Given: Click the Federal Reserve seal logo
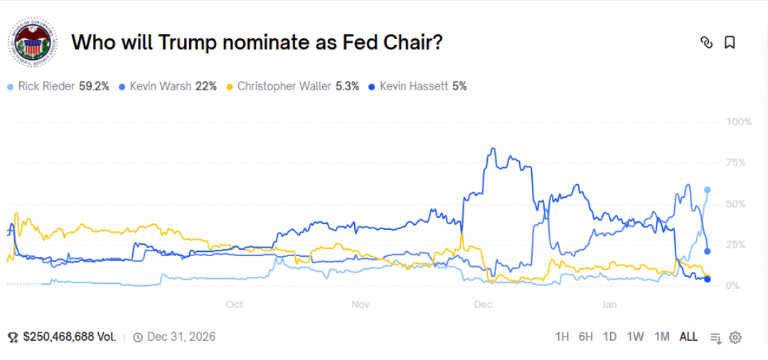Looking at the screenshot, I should click(31, 43).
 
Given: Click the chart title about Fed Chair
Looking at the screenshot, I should click(257, 42).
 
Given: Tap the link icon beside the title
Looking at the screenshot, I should click(706, 43).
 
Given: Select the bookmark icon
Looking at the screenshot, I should click(730, 43).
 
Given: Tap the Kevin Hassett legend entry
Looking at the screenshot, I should click(418, 86).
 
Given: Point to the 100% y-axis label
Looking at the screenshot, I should click(738, 122).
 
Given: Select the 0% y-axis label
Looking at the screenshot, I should click(732, 285).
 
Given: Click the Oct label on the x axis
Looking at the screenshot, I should click(234, 305).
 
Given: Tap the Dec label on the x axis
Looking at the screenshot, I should click(483, 305).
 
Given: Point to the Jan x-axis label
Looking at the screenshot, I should click(609, 305).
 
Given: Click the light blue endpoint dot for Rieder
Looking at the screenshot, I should click(708, 190).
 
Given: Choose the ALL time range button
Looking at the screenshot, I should click(688, 337).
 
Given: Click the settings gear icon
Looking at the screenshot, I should click(735, 337).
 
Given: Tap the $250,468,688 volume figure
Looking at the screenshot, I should click(69, 337).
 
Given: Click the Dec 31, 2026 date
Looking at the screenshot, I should click(181, 337).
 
